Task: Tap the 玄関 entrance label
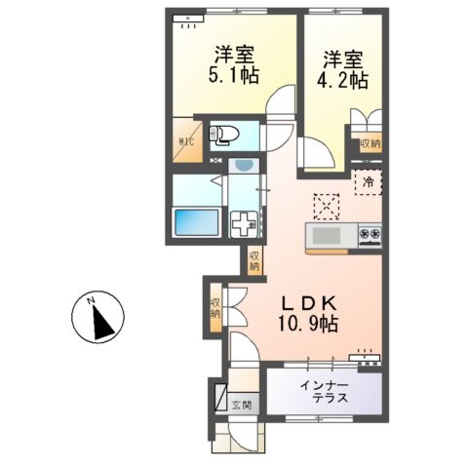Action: [241, 405]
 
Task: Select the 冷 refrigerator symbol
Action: [369, 182]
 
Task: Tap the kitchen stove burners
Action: [370, 234]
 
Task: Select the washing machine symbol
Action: [244, 223]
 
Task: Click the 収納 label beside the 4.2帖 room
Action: [370, 144]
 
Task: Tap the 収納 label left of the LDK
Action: [214, 310]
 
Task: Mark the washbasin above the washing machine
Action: [241, 167]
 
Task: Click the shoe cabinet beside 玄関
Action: [219, 399]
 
